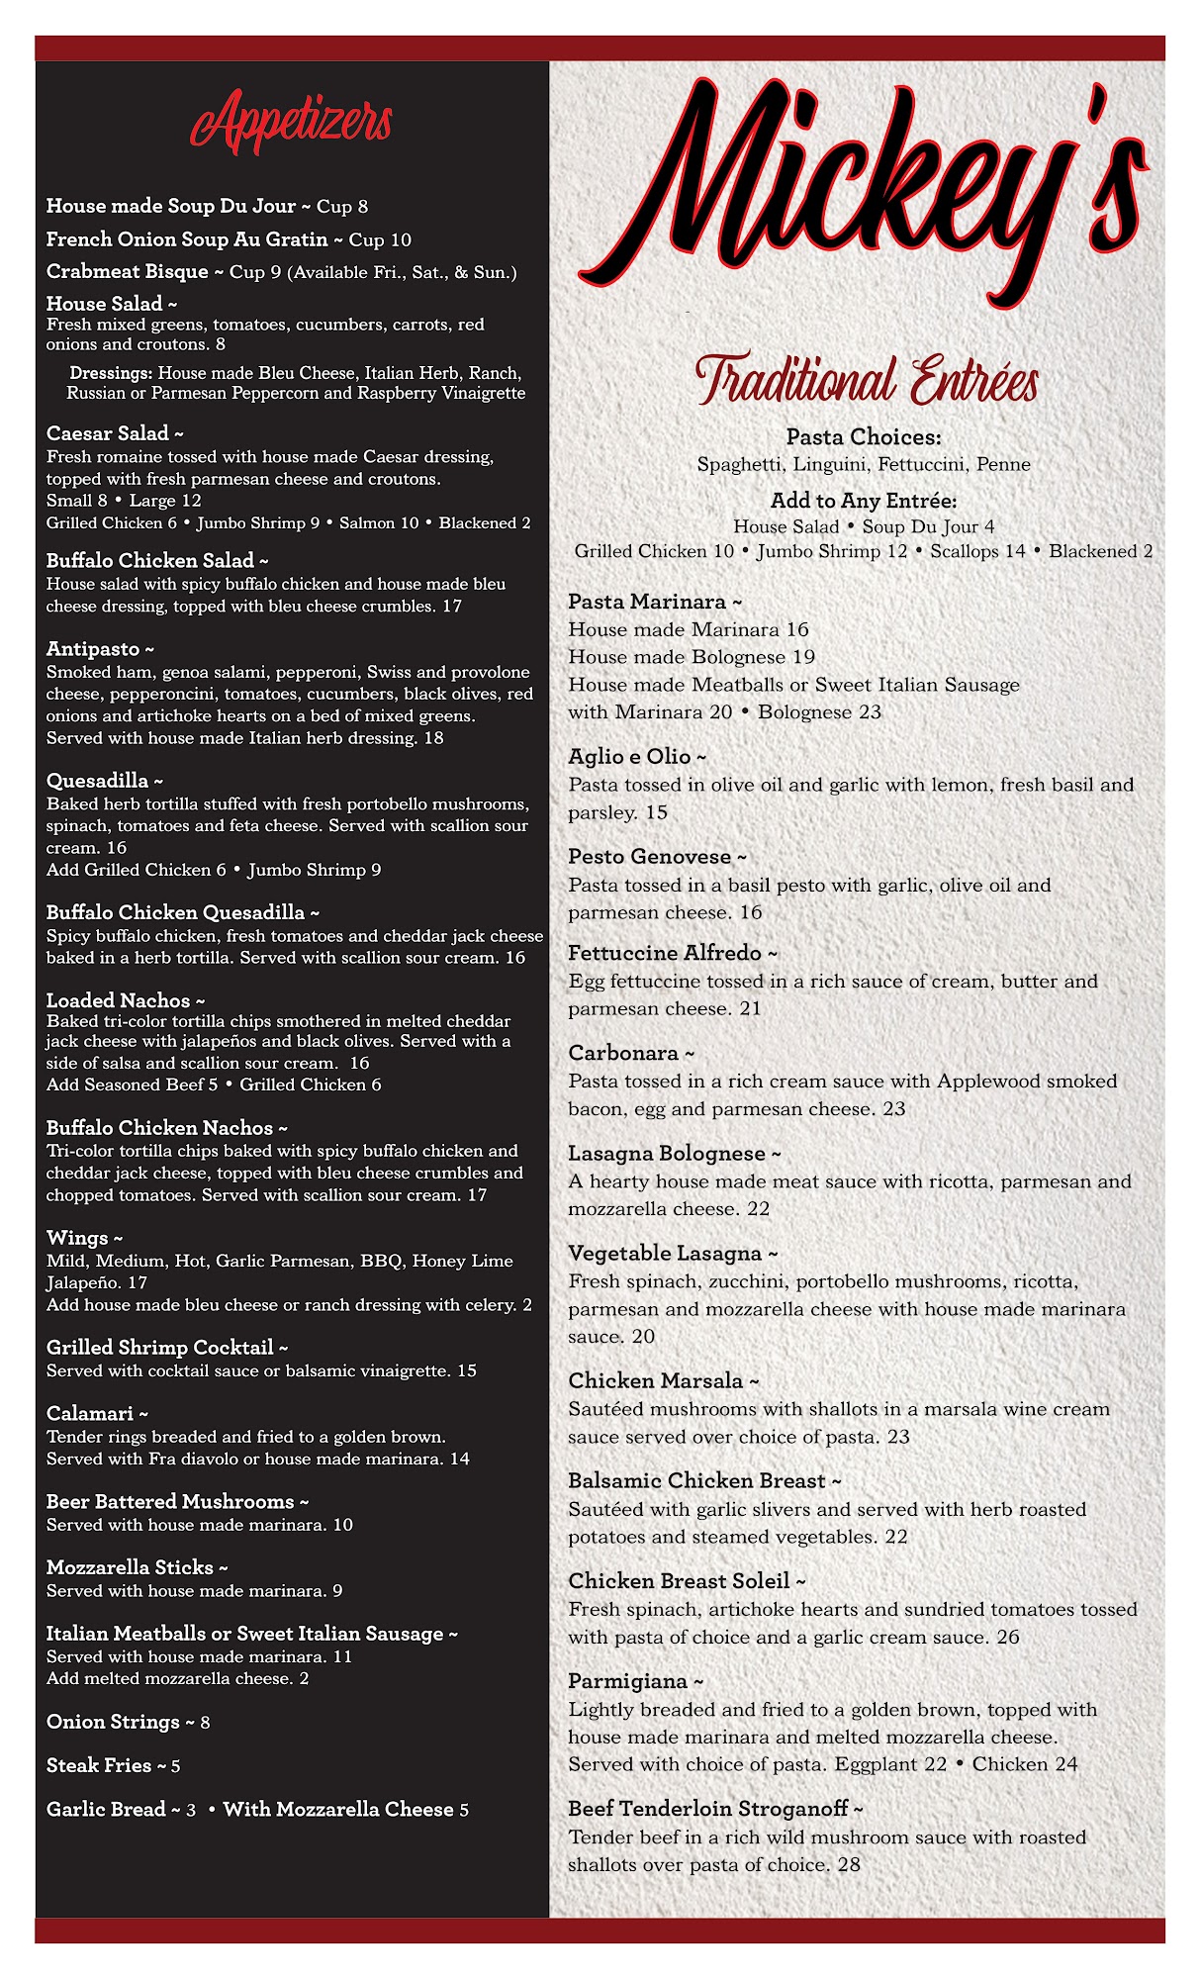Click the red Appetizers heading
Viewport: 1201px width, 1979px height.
point(292,122)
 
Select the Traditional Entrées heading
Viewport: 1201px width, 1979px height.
point(867,380)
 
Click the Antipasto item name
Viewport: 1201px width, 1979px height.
point(94,649)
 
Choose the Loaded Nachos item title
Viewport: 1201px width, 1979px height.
point(119,1000)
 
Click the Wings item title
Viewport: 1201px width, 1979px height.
point(78,1238)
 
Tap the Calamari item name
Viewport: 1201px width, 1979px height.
point(91,1413)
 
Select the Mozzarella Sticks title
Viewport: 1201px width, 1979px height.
point(131,1567)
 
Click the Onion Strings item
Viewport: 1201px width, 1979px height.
point(114,1722)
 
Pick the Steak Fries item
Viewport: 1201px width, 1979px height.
point(100,1765)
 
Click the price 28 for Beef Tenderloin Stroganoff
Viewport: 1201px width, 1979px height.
point(849,1864)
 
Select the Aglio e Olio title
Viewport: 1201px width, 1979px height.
point(630,757)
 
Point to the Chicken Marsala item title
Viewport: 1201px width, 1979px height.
point(656,1380)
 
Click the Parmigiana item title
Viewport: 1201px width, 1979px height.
point(628,1681)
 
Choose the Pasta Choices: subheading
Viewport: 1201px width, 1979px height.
point(864,436)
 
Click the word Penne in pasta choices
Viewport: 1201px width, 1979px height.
point(1003,464)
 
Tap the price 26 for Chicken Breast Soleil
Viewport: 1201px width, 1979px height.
point(1008,1637)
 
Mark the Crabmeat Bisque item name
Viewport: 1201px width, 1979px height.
point(128,271)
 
